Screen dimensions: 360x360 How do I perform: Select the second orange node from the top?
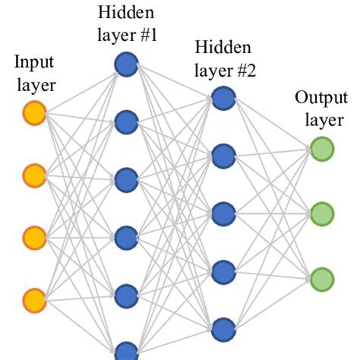[35, 176]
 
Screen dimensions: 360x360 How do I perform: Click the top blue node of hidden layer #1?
[126, 65]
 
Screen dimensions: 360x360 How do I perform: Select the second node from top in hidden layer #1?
[126, 122]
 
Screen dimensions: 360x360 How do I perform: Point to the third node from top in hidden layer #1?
[126, 181]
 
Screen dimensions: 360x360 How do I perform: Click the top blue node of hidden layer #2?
[223, 98]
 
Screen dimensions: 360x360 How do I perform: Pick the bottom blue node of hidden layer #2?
[223, 328]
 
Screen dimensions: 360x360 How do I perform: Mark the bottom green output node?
[321, 276]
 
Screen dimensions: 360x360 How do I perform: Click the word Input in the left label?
[33, 62]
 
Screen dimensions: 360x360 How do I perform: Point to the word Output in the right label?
[320, 99]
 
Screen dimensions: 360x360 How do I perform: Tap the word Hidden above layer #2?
[223, 49]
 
